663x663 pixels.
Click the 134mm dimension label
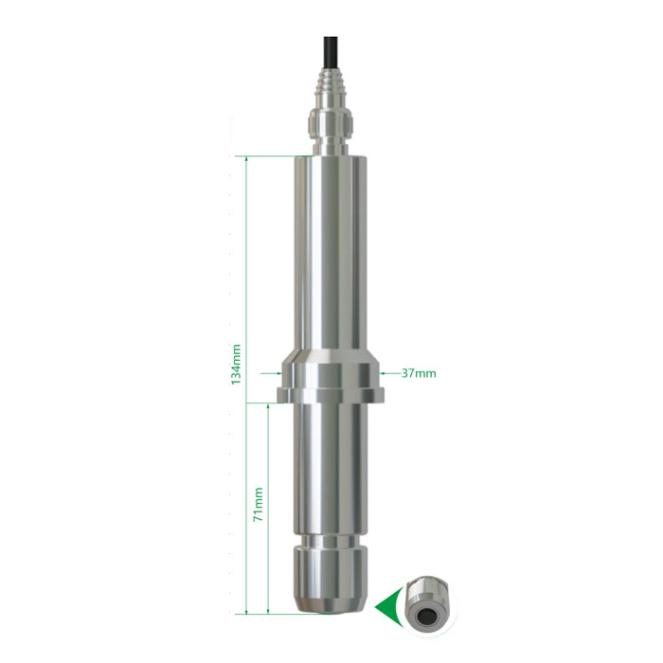coord(236,364)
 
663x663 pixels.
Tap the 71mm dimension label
coord(258,505)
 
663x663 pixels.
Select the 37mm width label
coord(419,373)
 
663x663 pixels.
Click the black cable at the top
coord(331,51)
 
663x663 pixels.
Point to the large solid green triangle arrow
coord(387,607)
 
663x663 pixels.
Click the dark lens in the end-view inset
coord(424,617)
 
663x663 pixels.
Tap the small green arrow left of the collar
coord(271,373)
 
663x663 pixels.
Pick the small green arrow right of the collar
coord(390,373)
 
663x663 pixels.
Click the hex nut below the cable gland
coord(331,121)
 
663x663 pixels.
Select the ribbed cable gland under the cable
coord(331,87)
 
